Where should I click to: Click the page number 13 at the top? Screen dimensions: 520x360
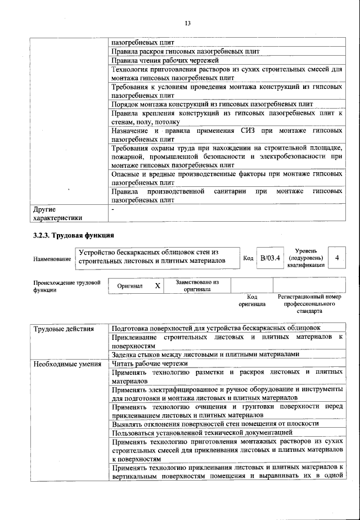187,23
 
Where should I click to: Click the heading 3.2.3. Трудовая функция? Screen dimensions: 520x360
74,235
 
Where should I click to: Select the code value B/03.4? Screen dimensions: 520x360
269,258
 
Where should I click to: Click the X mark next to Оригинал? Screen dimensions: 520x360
157,286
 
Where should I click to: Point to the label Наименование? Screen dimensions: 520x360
52,258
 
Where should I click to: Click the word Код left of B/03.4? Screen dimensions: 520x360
248,258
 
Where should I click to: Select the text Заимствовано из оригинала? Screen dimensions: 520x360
197,286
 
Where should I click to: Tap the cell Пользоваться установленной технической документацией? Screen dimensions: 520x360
202,432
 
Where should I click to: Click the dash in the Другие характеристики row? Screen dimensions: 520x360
113,209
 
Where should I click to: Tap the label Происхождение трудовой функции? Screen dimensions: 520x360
66,286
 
